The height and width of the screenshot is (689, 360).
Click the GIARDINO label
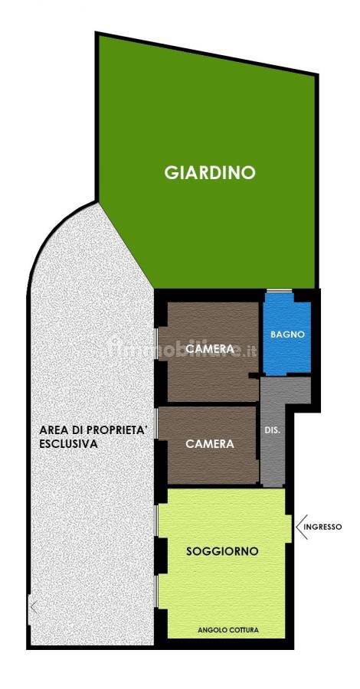click(x=210, y=173)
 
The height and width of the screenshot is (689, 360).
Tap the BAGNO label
click(x=287, y=334)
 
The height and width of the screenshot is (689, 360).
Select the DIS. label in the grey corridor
click(x=272, y=431)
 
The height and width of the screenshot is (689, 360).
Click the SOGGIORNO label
click(x=222, y=551)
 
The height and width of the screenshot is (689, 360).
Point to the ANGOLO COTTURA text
click(x=228, y=630)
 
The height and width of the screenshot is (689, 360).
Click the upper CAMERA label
click(x=209, y=349)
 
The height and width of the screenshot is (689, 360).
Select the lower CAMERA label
click(x=210, y=444)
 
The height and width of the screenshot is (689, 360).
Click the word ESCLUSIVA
click(x=68, y=444)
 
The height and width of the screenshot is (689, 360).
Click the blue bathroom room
click(x=286, y=334)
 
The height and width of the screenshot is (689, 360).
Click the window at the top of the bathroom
click(x=280, y=290)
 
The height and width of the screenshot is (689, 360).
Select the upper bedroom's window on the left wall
click(x=156, y=344)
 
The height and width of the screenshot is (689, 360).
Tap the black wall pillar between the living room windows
click(x=161, y=556)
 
